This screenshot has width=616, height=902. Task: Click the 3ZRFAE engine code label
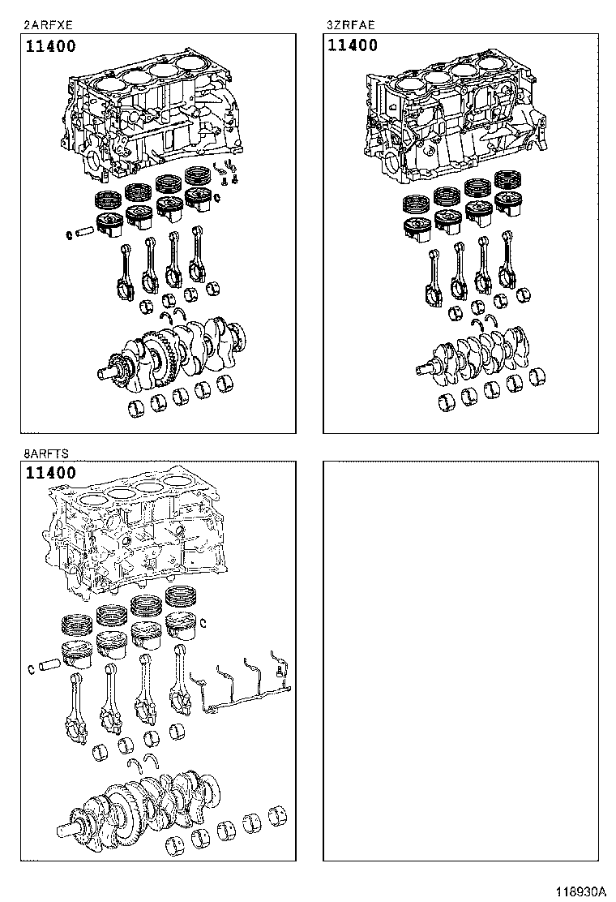point(350,25)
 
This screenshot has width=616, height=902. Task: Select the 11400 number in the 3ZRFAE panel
point(353,46)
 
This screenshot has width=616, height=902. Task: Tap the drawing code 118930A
point(580,891)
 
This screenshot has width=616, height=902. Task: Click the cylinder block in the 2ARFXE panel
point(154,114)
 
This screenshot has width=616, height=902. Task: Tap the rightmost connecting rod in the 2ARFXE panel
point(196,258)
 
